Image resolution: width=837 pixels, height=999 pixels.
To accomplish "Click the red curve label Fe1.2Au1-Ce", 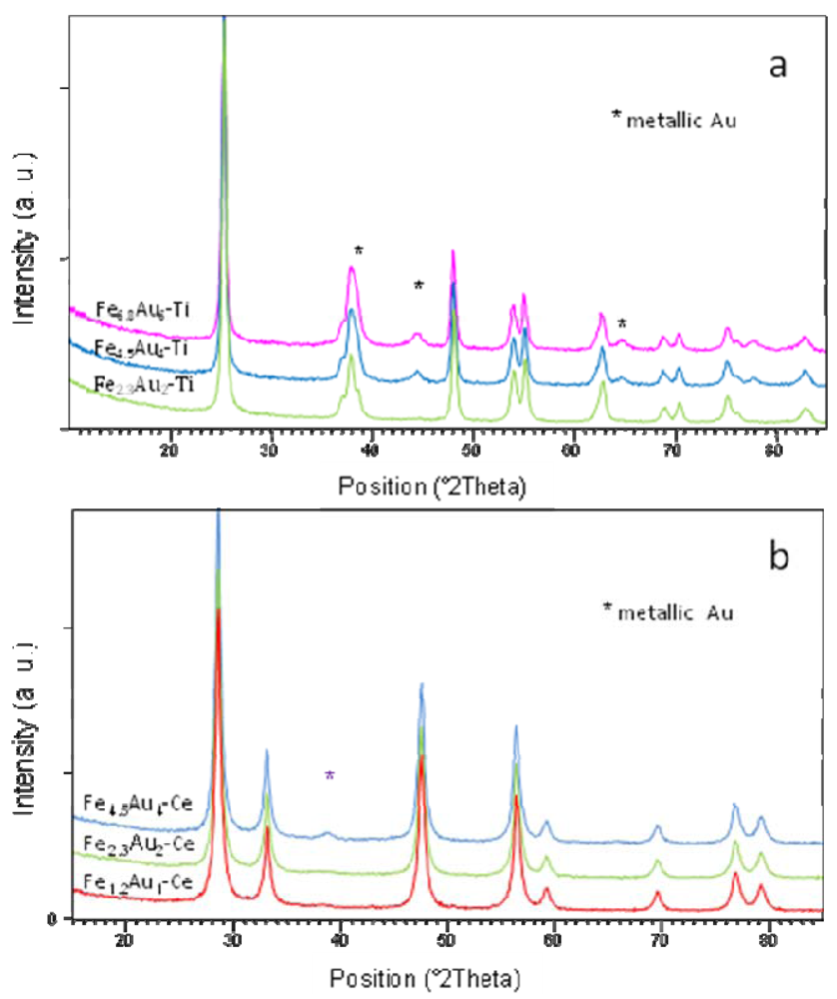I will (144, 882).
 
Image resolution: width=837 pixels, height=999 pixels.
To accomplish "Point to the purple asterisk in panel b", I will (331, 776).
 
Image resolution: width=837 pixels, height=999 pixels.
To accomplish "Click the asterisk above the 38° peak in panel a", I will (358, 250).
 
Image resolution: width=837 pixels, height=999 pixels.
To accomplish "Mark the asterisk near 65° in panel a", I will (621, 324).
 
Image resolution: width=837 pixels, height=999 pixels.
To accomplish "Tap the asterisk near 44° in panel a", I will (418, 287).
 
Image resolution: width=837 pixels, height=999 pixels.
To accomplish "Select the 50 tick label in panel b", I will (446, 941).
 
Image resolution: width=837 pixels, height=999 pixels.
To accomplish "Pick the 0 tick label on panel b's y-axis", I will (50, 918).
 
